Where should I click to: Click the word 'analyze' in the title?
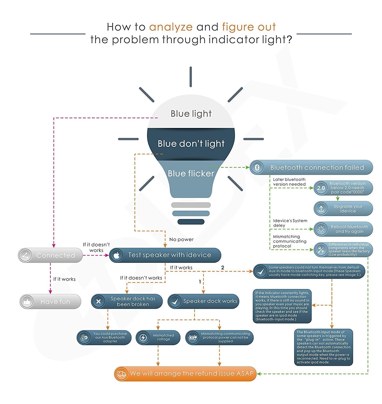tap(171, 27)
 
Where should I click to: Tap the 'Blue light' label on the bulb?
tap(191, 114)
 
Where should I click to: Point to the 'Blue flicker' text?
tap(191, 173)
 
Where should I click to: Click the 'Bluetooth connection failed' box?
tap(311, 168)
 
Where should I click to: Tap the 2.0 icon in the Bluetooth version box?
tap(321, 188)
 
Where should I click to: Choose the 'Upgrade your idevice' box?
tap(343, 208)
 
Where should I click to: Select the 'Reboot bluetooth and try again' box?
tap(343, 229)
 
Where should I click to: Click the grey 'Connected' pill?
tap(50, 255)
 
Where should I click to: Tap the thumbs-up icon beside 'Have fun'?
tap(27, 301)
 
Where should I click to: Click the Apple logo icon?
tap(116, 255)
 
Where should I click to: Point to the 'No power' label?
tap(181, 239)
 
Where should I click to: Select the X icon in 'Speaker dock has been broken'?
tap(98, 301)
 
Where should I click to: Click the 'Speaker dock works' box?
tap(203, 301)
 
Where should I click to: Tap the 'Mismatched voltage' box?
tap(158, 337)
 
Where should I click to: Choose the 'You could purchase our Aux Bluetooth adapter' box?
tap(104, 337)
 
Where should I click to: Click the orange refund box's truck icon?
tap(121, 374)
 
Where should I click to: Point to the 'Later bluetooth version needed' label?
tap(289, 182)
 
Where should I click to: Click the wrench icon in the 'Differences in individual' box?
tap(321, 250)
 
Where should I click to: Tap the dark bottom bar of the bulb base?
tap(191, 222)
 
